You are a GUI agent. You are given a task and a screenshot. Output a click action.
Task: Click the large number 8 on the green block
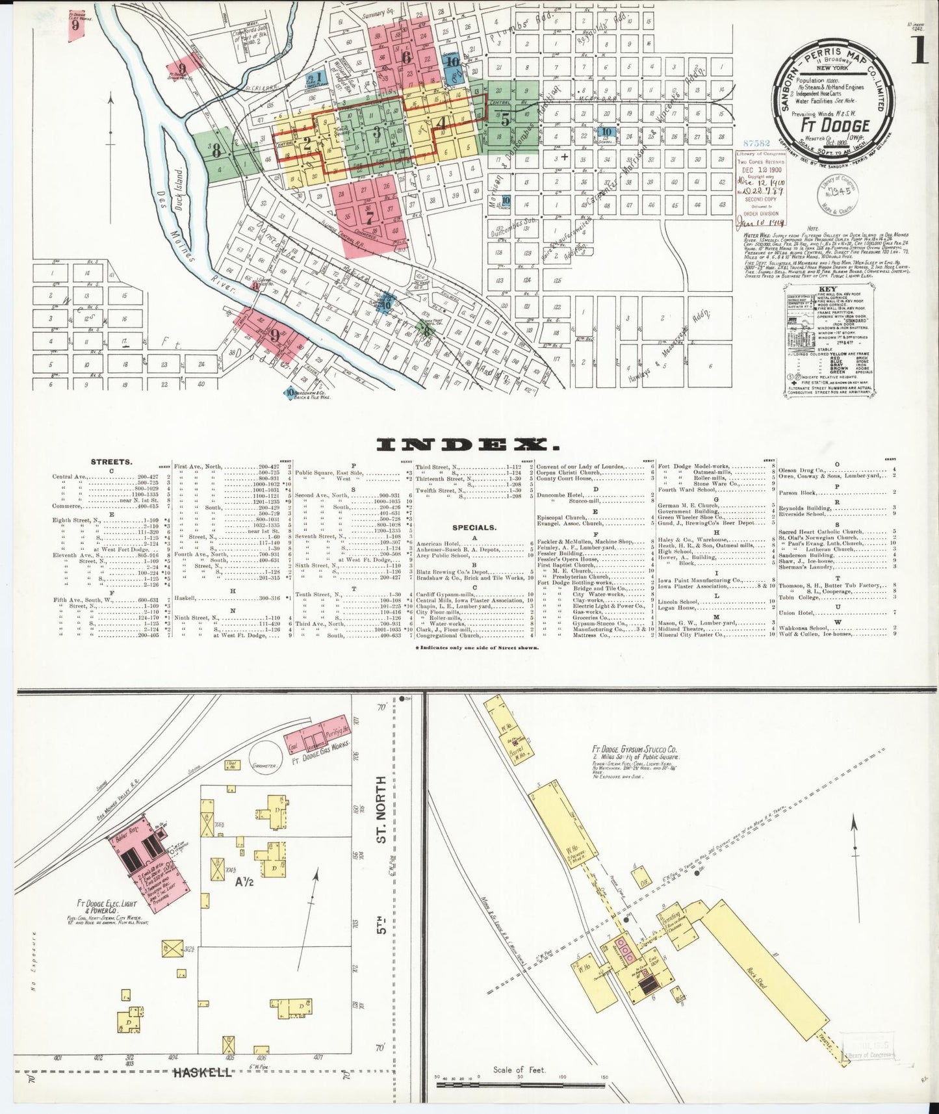click(216, 151)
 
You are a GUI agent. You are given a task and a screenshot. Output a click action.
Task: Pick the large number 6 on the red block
click(407, 57)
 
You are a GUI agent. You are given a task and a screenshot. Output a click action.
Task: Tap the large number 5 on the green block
click(505, 119)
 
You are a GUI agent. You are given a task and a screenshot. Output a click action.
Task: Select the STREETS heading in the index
click(111, 462)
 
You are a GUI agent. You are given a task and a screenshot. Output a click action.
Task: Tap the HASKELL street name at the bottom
click(201, 1072)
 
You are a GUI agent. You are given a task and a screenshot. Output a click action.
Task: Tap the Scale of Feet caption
click(519, 1070)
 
